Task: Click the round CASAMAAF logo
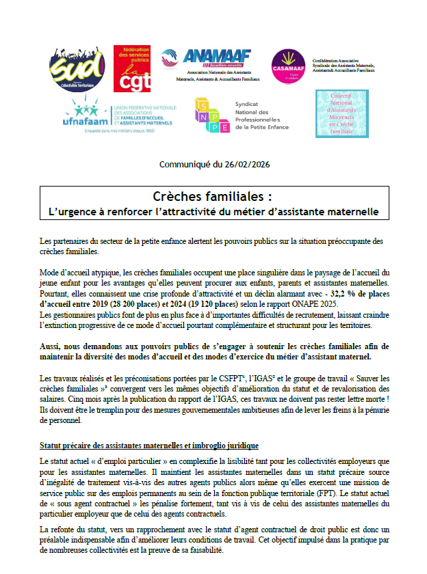288,66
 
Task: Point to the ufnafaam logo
86,115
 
